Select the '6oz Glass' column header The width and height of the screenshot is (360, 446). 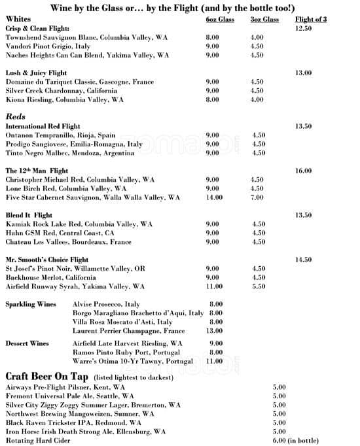click(x=219, y=20)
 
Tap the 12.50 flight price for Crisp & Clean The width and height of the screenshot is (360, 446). click(x=303, y=29)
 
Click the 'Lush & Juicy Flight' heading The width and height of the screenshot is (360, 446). click(x=37, y=73)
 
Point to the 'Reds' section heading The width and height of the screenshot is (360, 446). click(x=15, y=116)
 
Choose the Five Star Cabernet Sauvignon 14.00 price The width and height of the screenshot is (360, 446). click(x=214, y=197)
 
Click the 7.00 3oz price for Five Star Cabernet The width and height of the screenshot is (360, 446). click(x=258, y=197)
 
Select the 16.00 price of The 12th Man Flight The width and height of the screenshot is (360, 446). click(x=303, y=171)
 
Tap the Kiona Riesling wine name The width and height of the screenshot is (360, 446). click(x=64, y=100)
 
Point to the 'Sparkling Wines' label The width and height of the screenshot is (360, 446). click(x=30, y=305)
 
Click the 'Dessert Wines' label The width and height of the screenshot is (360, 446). click(x=27, y=343)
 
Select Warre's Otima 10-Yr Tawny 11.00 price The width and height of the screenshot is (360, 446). click(x=214, y=361)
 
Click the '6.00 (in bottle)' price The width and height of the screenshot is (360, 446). click(x=295, y=441)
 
